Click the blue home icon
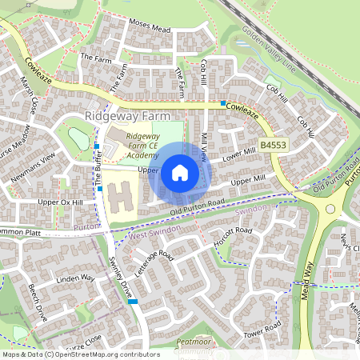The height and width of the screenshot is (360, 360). [x=180, y=172]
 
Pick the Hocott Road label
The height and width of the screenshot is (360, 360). [x=238, y=231]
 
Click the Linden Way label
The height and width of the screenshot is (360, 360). [x=76, y=278]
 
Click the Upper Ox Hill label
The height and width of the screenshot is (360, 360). [x=61, y=203]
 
